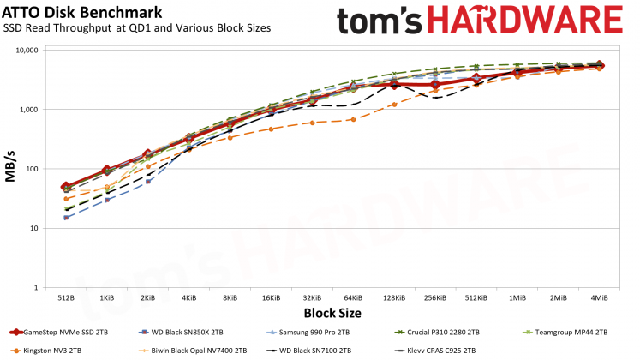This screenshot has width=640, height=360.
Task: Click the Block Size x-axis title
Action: point(332,314)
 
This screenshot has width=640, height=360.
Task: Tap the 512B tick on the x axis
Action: point(65,297)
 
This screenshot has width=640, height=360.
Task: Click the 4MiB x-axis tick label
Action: point(599,297)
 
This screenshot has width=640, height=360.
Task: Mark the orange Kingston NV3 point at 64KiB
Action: point(353,119)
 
